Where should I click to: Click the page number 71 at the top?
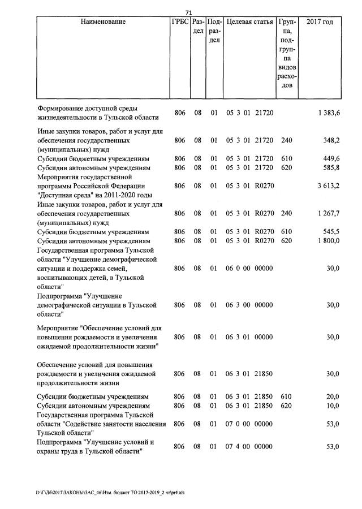(189, 12)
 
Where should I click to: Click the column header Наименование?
(103, 22)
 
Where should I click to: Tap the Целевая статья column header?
(249, 22)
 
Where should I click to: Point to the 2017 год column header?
(320, 22)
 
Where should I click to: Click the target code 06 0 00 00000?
(249, 268)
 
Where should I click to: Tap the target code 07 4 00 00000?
(249, 447)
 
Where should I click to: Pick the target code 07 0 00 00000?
(249, 424)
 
